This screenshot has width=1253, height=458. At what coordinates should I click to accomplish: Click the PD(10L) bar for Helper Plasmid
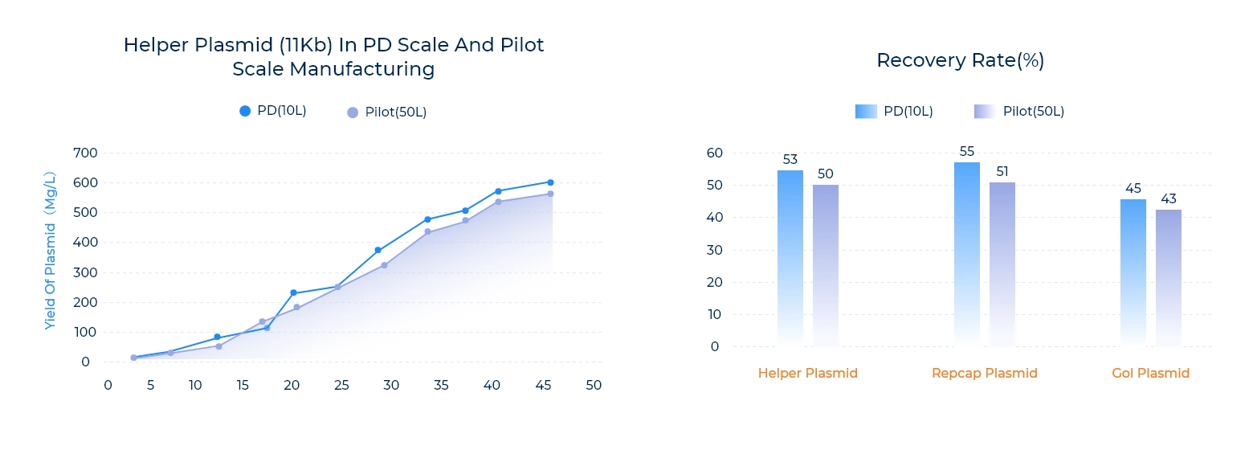(790, 257)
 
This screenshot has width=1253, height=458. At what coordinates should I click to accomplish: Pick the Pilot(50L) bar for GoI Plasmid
(1169, 277)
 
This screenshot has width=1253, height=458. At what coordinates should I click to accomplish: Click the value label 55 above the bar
(967, 151)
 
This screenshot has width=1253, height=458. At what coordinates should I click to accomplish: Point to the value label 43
(1169, 198)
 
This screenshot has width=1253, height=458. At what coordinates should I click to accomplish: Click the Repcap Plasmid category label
(985, 373)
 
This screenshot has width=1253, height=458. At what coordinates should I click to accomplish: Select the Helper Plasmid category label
(808, 373)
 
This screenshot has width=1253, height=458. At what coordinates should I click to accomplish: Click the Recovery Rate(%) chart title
(960, 60)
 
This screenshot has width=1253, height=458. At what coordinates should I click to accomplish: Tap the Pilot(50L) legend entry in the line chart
(387, 112)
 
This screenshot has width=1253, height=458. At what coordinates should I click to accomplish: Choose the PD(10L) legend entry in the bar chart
(895, 112)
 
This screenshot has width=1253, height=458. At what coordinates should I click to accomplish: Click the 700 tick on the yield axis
(85, 153)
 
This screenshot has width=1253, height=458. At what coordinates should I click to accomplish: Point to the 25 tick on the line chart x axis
(341, 386)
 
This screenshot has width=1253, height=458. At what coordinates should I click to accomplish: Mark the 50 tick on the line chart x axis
(594, 386)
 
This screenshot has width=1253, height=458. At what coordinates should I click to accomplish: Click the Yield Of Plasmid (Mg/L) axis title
(51, 250)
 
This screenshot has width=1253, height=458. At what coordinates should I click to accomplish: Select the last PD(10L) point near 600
(550, 182)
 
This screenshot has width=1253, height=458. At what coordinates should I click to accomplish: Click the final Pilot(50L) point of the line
(550, 194)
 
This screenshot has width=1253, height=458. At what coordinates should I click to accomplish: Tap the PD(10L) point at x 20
(293, 292)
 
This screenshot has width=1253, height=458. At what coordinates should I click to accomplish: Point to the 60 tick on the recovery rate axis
(715, 153)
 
